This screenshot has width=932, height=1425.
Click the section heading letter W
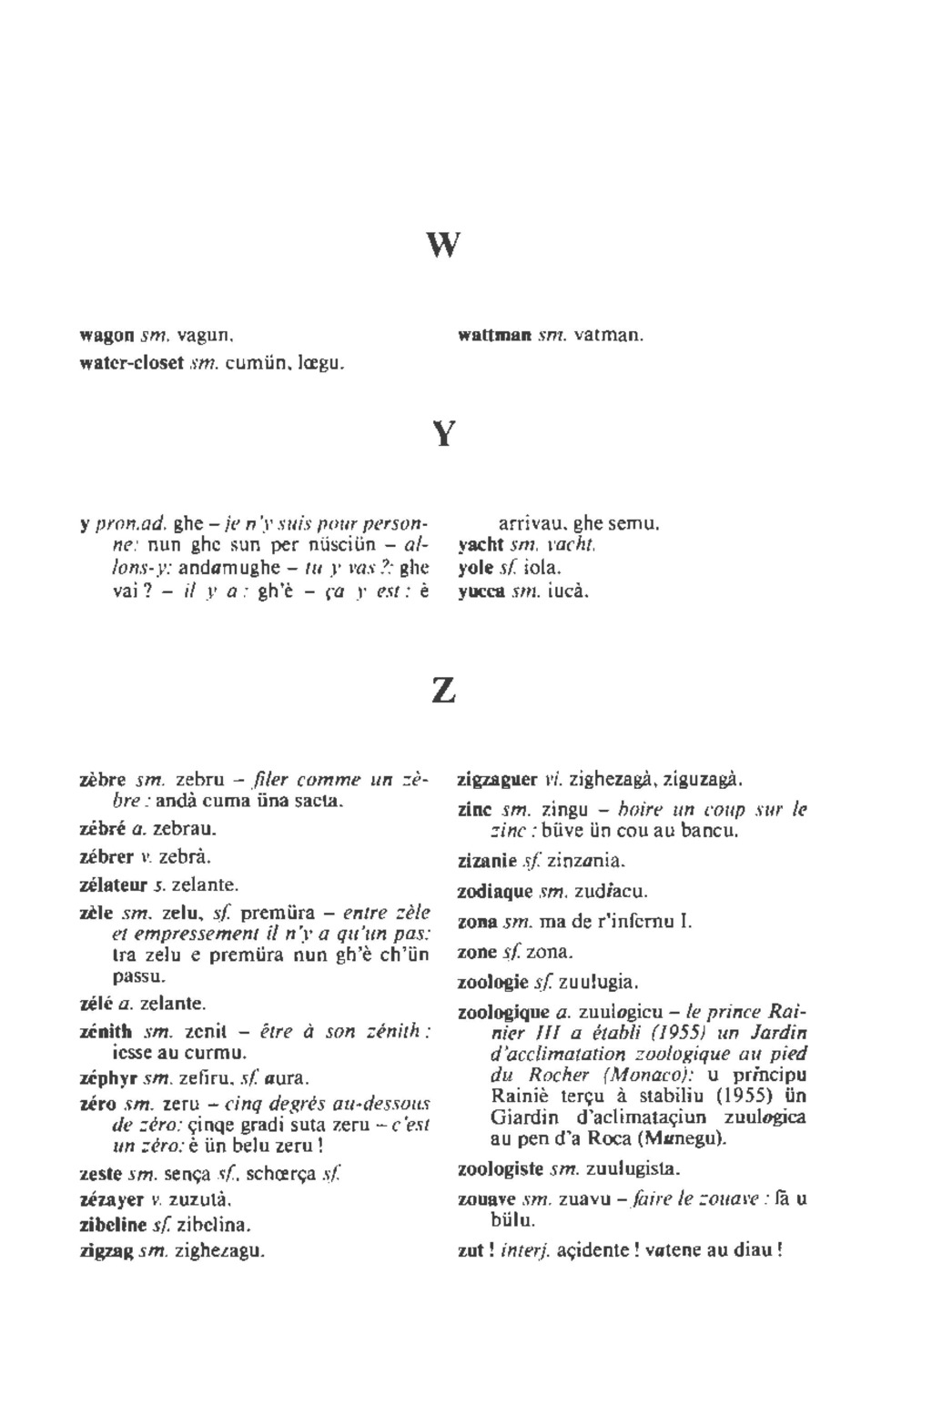pyautogui.click(x=443, y=245)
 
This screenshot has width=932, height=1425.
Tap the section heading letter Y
pyautogui.click(x=443, y=434)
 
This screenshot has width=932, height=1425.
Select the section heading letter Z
pyautogui.click(x=443, y=692)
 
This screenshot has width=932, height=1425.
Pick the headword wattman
pyautogui.click(x=494, y=336)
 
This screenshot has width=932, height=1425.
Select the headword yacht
pyautogui.click(x=480, y=545)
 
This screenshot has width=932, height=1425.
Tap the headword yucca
pyautogui.click(x=481, y=591)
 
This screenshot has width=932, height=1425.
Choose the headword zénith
pyautogui.click(x=106, y=1032)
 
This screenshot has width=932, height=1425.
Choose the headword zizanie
pyautogui.click(x=483, y=861)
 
